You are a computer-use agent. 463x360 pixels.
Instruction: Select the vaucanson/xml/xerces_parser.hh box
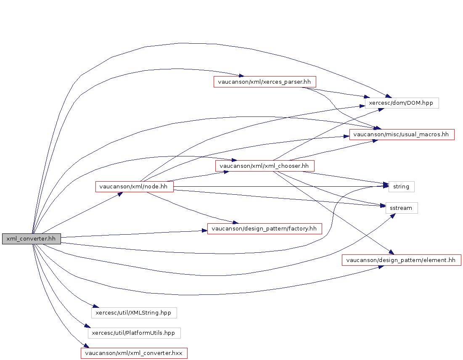265,82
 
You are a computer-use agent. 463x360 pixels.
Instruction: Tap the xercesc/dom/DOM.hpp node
402,103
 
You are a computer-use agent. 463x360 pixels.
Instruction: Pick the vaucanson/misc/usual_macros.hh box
402,135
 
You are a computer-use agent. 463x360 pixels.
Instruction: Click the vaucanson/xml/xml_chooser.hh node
265,166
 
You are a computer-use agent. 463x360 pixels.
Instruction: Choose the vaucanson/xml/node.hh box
135,186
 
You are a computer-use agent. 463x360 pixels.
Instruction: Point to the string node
401,186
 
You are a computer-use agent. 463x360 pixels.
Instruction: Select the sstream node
402,208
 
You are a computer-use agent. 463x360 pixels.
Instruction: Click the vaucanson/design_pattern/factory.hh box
265,229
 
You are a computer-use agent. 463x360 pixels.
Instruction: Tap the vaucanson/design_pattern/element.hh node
401,260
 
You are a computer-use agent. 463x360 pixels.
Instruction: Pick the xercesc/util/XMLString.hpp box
134,312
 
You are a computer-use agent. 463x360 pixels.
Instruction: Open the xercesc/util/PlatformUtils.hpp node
134,333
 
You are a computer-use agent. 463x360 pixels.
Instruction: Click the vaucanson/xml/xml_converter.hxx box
134,353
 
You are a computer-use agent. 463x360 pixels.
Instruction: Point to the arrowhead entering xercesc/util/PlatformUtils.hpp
87,327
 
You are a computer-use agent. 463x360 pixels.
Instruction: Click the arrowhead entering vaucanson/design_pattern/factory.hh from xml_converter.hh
205,230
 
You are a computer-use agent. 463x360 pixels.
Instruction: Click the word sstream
402,208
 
